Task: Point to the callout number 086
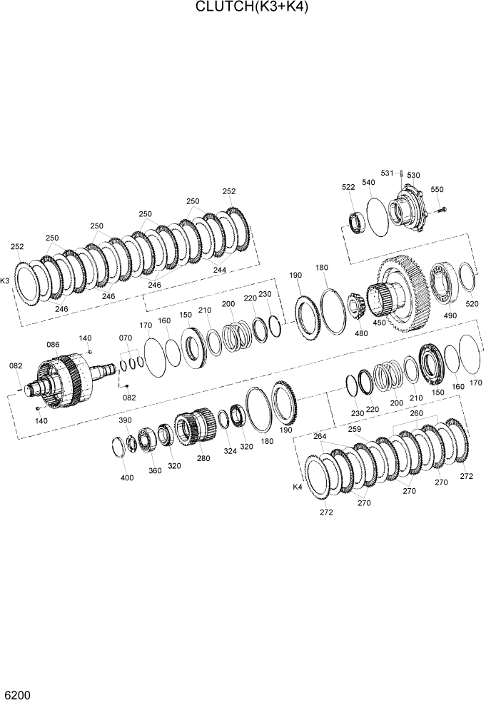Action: tap(53, 345)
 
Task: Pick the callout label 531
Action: tap(387, 173)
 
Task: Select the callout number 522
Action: tap(348, 187)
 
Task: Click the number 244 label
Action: tap(219, 270)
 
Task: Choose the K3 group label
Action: tap(6, 281)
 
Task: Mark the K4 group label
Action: tap(298, 487)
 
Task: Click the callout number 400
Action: tap(127, 477)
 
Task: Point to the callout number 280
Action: tap(203, 457)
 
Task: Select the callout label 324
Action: tap(229, 451)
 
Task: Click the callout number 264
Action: tap(320, 436)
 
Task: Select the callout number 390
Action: tap(125, 420)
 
